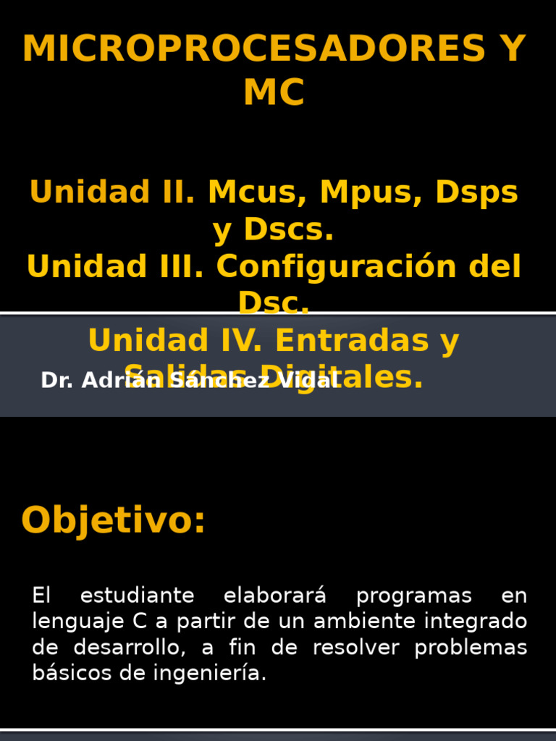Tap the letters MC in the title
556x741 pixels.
pyautogui.click(x=274, y=93)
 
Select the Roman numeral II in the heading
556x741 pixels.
pyautogui.click(x=176, y=192)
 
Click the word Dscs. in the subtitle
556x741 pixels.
pyautogui.click(x=289, y=230)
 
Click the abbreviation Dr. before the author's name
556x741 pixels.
pyautogui.click(x=57, y=381)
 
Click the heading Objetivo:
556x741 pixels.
pyautogui.click(x=114, y=521)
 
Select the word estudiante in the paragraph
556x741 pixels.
pyautogui.click(x=137, y=596)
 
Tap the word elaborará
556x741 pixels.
pyautogui.click(x=275, y=596)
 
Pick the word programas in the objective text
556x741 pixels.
pyautogui.click(x=414, y=596)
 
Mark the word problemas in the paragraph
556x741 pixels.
pyautogui.click(x=471, y=648)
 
